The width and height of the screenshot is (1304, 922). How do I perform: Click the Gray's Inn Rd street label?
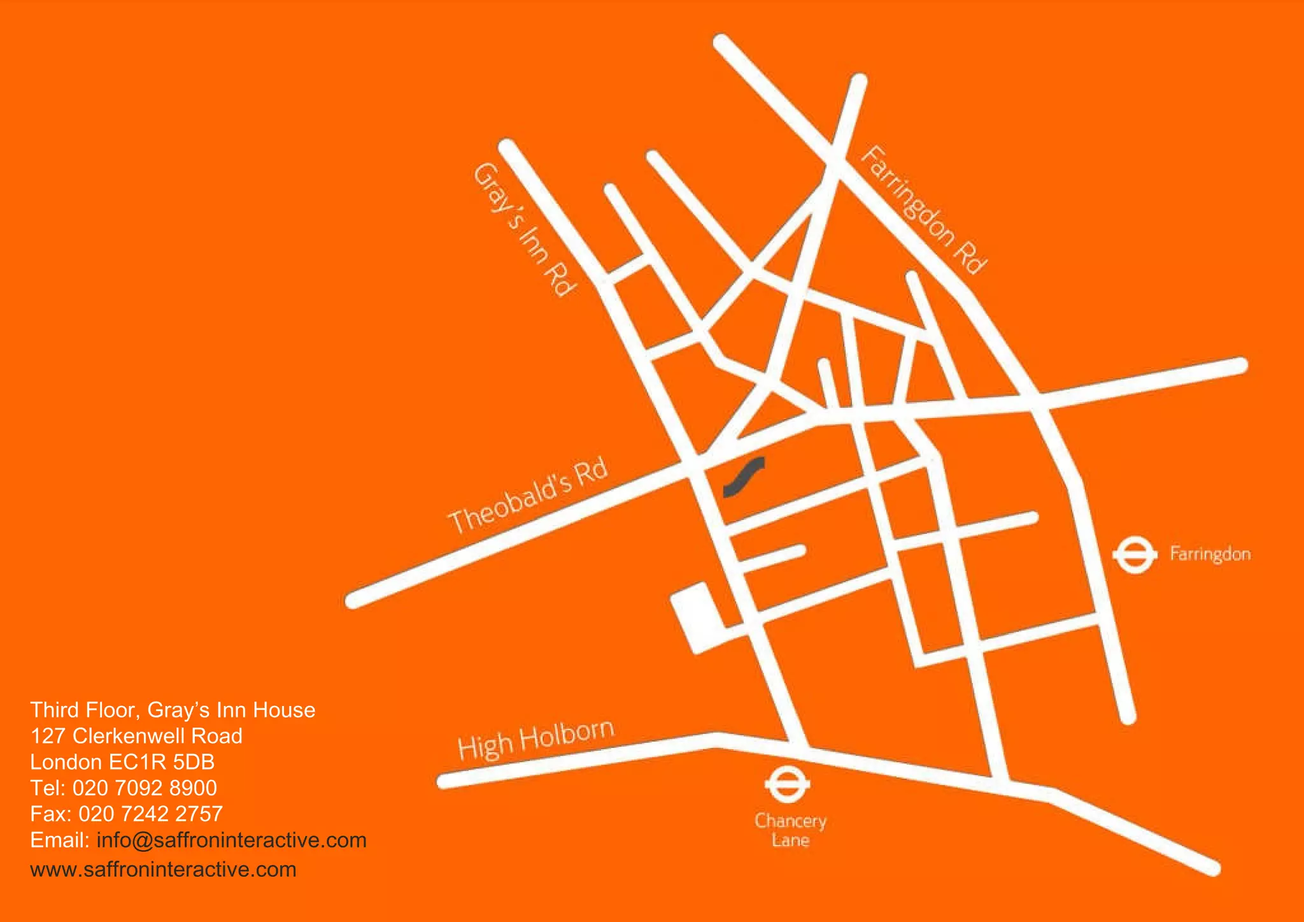[x=526, y=229]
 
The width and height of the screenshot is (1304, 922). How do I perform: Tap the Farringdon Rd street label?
[x=924, y=210]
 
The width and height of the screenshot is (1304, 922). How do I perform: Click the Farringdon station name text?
[x=1210, y=554]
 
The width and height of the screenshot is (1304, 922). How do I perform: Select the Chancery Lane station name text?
[x=790, y=830]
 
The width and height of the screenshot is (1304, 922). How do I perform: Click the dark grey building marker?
[x=744, y=477]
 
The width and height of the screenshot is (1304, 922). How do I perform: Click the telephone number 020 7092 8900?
[x=145, y=788]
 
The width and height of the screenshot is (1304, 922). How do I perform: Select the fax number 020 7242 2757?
[x=150, y=814]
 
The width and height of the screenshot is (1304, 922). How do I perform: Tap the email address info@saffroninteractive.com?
[x=231, y=840]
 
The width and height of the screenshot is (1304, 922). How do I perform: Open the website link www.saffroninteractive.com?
[x=163, y=870]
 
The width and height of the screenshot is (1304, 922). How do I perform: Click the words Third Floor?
[x=83, y=710]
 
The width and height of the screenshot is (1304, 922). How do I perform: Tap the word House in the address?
[x=284, y=710]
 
